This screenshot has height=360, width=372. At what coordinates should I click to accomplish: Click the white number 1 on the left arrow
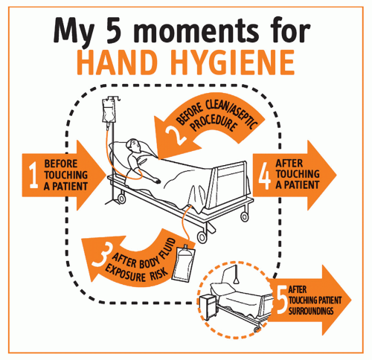click(33, 175)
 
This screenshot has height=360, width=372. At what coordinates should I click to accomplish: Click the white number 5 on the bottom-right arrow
click(282, 300)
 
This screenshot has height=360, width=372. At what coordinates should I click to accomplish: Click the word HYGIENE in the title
click(233, 62)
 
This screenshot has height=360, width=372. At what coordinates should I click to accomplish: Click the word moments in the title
click(196, 32)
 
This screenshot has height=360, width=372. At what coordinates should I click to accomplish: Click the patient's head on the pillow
click(133, 147)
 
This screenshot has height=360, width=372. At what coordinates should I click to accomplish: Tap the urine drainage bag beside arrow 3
click(184, 262)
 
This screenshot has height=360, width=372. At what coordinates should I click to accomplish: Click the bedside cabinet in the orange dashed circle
click(208, 307)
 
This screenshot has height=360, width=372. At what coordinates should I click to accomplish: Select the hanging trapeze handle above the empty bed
click(237, 280)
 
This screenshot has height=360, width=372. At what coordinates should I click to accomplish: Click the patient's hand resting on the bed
click(156, 181)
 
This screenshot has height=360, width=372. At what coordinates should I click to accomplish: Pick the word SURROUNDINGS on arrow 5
click(311, 311)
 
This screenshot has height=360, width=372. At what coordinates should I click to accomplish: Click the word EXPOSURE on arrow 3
click(125, 273)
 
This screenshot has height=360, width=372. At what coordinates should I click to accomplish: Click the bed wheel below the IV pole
click(121, 199)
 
